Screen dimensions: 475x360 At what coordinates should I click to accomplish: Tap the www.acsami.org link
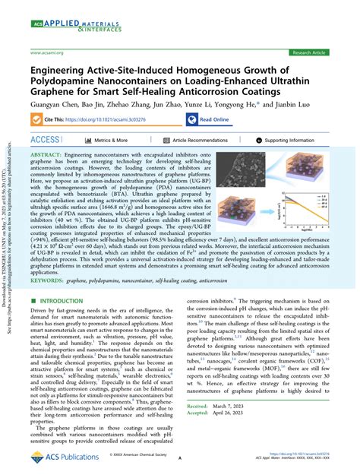click(47, 52)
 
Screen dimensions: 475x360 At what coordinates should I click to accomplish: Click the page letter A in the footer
click(180, 460)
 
